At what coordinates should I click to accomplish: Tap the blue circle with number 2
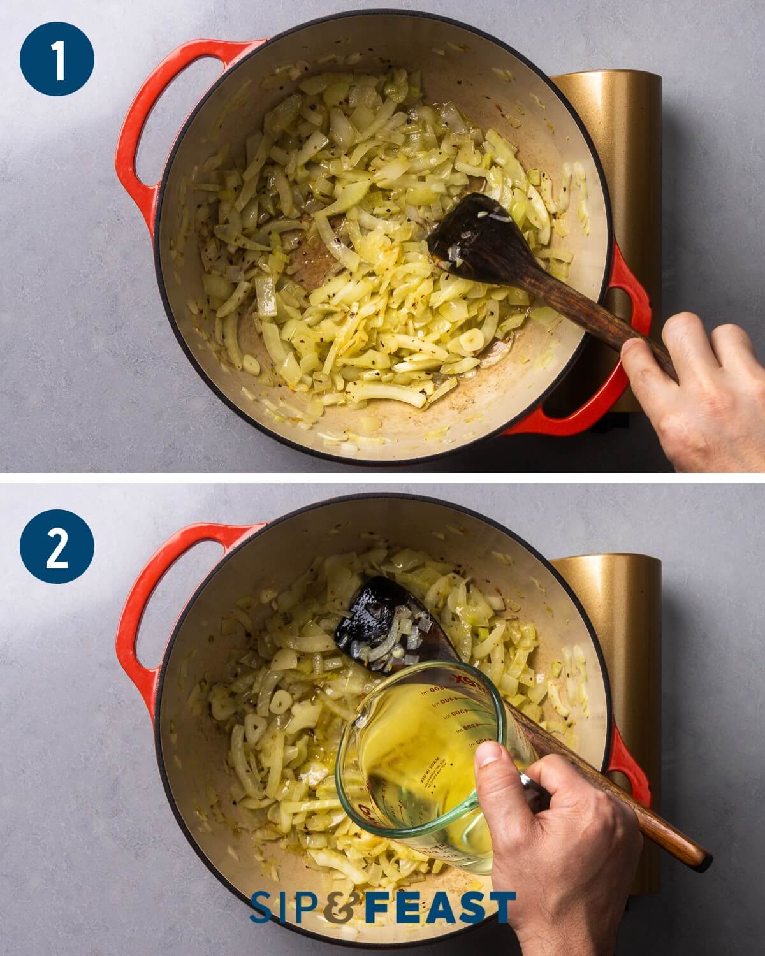[57, 548]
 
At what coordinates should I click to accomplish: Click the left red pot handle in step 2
[137, 605]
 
